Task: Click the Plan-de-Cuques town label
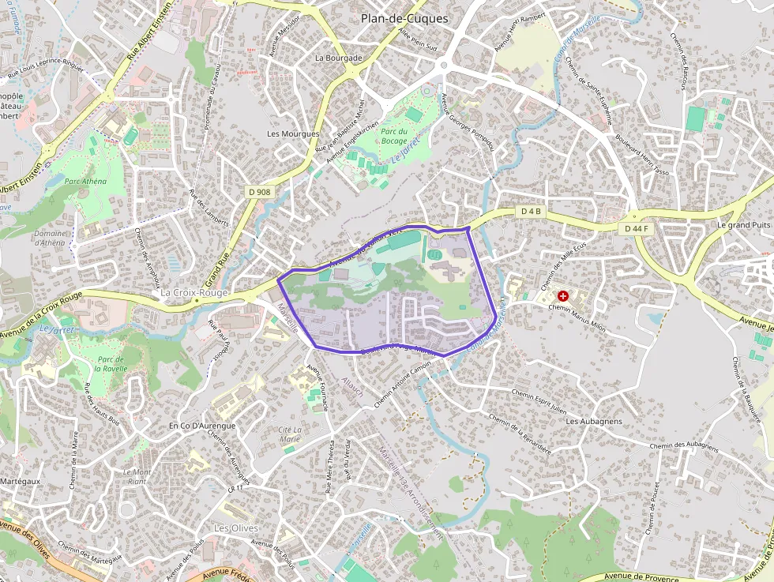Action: pyautogui.click(x=404, y=18)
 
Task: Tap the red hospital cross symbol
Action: pyautogui.click(x=562, y=295)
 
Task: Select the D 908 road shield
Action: pyautogui.click(x=258, y=191)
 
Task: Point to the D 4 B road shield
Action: pyautogui.click(x=531, y=212)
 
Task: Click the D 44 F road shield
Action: pyautogui.click(x=635, y=228)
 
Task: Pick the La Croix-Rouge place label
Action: pyautogui.click(x=193, y=292)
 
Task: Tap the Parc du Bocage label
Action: pyautogui.click(x=393, y=136)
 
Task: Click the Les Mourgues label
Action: pyautogui.click(x=293, y=133)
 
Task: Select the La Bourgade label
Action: pyautogui.click(x=338, y=58)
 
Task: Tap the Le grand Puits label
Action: pyautogui.click(x=743, y=224)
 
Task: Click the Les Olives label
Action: pyautogui.click(x=236, y=528)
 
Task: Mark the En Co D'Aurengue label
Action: pyautogui.click(x=202, y=426)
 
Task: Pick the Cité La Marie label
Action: pyautogui.click(x=290, y=434)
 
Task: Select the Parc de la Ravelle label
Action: pyautogui.click(x=111, y=363)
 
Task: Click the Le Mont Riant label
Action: pyautogui.click(x=136, y=476)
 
